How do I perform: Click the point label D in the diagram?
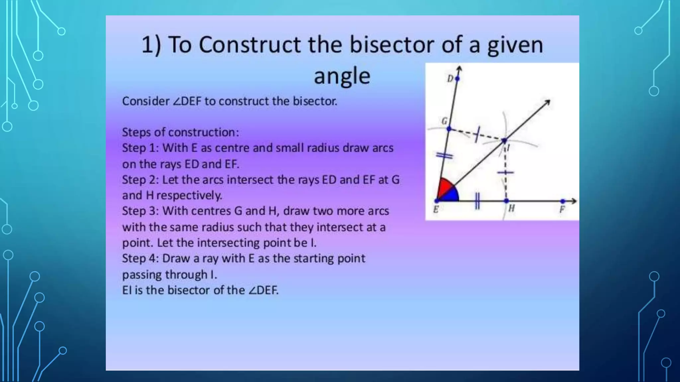click(x=450, y=79)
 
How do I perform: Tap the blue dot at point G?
click(x=449, y=129)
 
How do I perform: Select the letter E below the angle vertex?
click(x=436, y=210)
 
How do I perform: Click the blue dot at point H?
click(x=506, y=201)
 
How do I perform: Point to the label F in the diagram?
click(x=562, y=210)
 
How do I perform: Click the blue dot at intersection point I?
click(x=504, y=141)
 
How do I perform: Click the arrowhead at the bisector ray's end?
click(x=548, y=102)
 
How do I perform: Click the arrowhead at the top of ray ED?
click(x=459, y=69)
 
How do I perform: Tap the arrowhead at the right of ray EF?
click(x=574, y=201)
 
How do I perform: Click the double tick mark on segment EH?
click(x=477, y=201)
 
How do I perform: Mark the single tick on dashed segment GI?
click(x=477, y=134)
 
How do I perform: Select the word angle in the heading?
click(x=342, y=76)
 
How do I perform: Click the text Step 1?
click(x=140, y=148)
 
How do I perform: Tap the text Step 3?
click(x=140, y=211)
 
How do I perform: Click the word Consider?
click(x=146, y=101)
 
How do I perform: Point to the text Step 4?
click(x=140, y=258)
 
